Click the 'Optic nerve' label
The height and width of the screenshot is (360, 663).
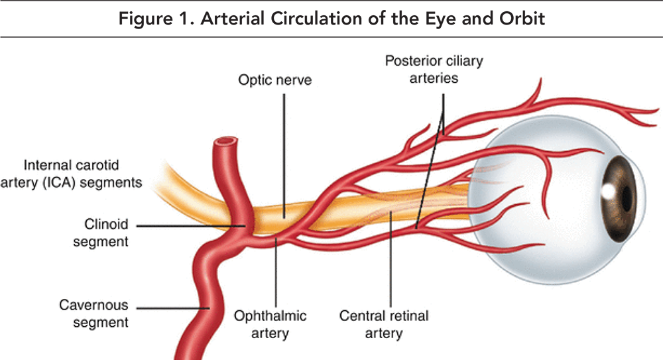[x=274, y=80]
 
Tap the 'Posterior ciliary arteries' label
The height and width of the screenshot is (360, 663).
[x=434, y=69]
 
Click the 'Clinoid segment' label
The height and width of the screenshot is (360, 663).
[x=106, y=233]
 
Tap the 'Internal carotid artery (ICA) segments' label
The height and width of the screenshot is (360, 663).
[x=78, y=172]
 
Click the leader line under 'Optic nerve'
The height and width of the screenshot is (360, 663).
[x=284, y=152]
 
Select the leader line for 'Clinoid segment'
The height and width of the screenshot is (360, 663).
[x=192, y=227]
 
